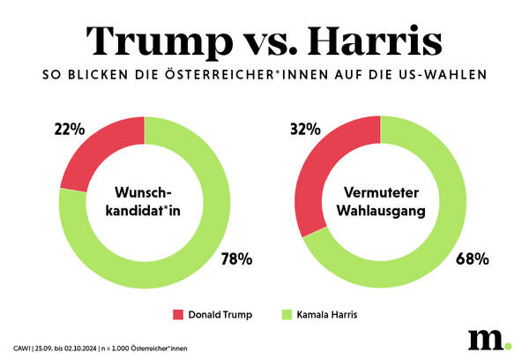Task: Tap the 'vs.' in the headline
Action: click(x=261, y=41)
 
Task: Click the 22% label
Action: click(x=69, y=130)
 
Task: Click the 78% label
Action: click(x=236, y=259)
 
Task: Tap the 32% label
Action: click(x=304, y=130)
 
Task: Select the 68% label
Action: click(x=473, y=259)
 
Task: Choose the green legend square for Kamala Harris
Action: click(x=287, y=313)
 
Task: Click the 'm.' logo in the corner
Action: click(x=484, y=339)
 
